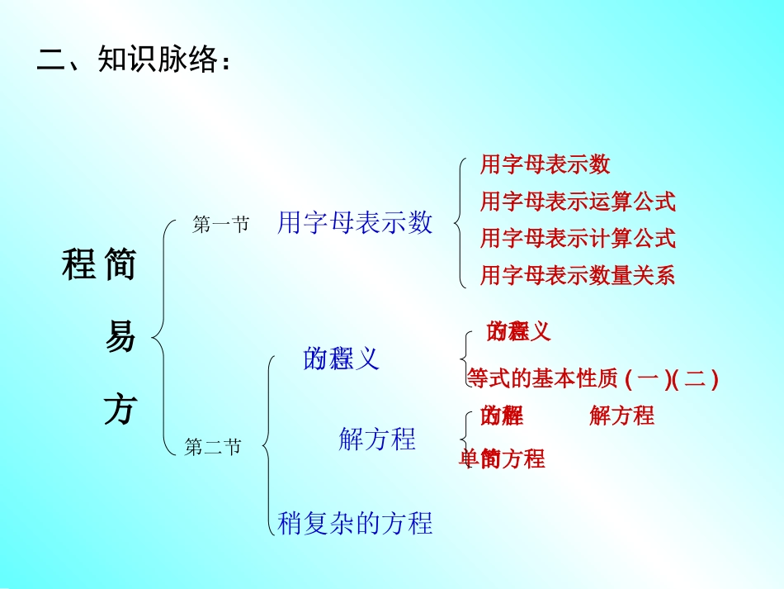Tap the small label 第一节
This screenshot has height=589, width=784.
pyautogui.click(x=220, y=225)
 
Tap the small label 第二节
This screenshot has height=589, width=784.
pyautogui.click(x=213, y=448)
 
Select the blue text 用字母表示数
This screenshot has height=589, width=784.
pyautogui.click(x=355, y=222)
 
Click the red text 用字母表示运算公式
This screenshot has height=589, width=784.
pyautogui.click(x=578, y=201)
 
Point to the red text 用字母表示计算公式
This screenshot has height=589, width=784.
pyautogui.click(x=578, y=238)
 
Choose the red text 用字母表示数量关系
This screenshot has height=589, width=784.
pyautogui.click(x=578, y=275)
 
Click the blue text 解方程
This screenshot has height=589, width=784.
pyautogui.click(x=377, y=439)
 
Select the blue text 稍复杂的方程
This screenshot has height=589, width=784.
pyautogui.click(x=355, y=523)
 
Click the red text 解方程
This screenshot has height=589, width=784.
pyautogui.click(x=622, y=416)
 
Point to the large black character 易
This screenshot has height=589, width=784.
pyautogui.click(x=120, y=338)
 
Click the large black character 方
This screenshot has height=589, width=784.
pyautogui.click(x=120, y=410)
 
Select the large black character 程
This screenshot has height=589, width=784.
pyautogui.click(x=79, y=266)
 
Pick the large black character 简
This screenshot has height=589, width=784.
pyautogui.click(x=120, y=266)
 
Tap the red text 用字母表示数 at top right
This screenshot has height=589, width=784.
pyautogui.click(x=545, y=164)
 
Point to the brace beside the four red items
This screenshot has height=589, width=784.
pyautogui.click(x=460, y=221)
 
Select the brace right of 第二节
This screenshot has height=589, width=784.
pyautogui.click(x=268, y=446)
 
